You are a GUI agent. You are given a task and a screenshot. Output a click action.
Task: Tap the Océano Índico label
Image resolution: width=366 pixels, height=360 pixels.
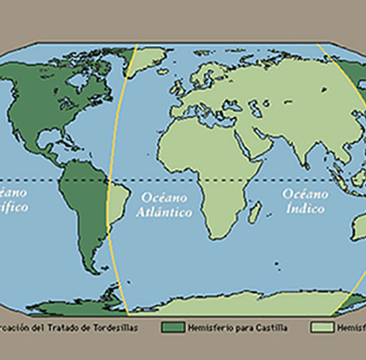point(304,200)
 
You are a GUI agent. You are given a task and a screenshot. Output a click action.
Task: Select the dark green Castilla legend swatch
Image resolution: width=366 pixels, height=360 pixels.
point(172,328)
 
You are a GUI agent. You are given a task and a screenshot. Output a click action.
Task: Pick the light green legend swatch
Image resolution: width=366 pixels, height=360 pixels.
point(322,328)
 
